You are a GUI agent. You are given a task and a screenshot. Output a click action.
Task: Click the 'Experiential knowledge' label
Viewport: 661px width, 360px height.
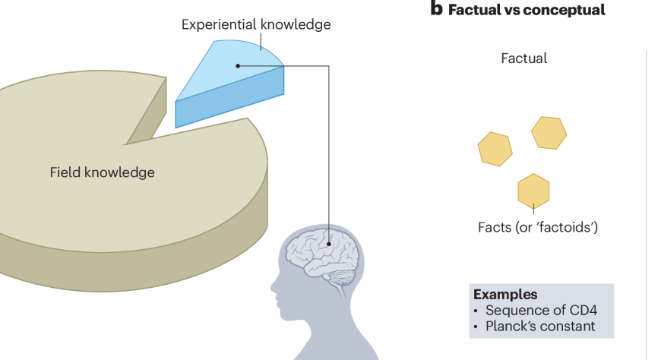256,24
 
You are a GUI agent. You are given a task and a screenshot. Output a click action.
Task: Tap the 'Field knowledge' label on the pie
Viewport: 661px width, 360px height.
102,172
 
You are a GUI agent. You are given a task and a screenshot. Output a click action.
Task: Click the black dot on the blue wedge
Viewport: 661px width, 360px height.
238,66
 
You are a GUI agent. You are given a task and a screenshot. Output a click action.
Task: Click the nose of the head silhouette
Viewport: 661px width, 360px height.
274,288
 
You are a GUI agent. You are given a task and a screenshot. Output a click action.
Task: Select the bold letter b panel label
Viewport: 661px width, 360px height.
436,9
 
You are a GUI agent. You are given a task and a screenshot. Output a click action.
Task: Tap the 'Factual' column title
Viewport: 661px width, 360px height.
523,58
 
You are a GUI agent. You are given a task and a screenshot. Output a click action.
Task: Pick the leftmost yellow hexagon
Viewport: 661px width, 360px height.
495,148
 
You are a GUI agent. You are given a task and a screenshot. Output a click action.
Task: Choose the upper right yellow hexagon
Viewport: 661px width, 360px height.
549,133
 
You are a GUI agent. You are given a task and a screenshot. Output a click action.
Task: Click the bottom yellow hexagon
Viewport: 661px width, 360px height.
533,190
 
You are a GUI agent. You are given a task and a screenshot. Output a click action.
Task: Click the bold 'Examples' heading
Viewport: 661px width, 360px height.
505,294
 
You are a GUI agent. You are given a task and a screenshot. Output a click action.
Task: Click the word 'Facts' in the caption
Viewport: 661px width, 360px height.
495,227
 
